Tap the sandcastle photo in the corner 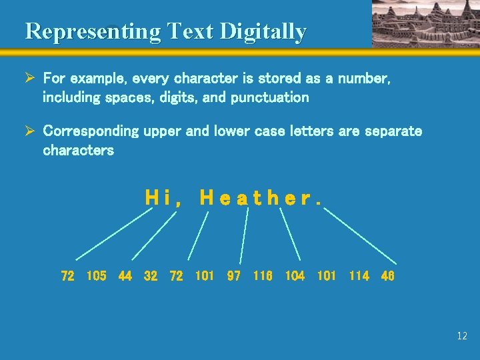(425, 23)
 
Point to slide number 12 (462, 336)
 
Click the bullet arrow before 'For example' (30, 79)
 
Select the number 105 (96, 275)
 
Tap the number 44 (125, 275)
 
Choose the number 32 (151, 275)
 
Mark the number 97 (233, 275)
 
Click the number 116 (263, 275)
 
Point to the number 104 (295, 275)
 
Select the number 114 (359, 275)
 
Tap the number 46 (387, 275)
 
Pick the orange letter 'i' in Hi (165, 197)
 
